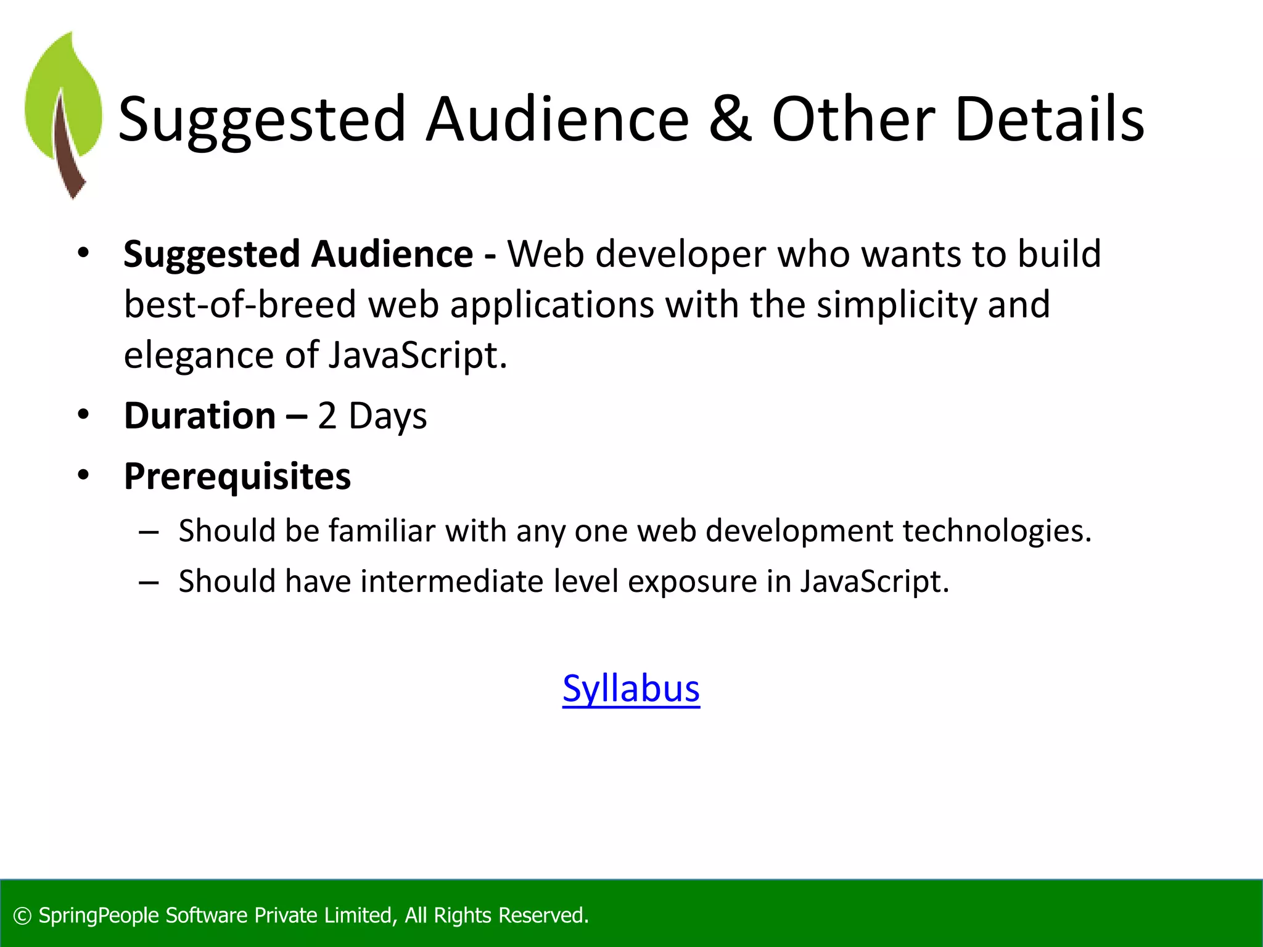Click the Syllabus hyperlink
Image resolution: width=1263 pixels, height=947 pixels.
click(x=631, y=689)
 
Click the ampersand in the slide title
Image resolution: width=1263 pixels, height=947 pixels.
click(x=730, y=119)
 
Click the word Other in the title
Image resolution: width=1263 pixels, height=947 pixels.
click(x=853, y=119)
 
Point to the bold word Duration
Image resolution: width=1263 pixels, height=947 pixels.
click(x=200, y=416)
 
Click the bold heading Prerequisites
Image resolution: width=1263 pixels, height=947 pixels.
click(x=237, y=477)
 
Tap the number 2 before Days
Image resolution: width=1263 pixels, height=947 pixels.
click(x=327, y=416)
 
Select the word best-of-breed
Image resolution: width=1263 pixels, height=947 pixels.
click(x=240, y=305)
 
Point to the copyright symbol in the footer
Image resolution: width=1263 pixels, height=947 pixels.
click(x=22, y=916)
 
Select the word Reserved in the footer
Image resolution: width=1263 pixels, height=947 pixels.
click(x=543, y=916)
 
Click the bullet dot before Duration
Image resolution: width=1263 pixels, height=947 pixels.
click(x=83, y=414)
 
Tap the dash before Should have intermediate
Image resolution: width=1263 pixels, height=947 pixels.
click(x=149, y=582)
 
